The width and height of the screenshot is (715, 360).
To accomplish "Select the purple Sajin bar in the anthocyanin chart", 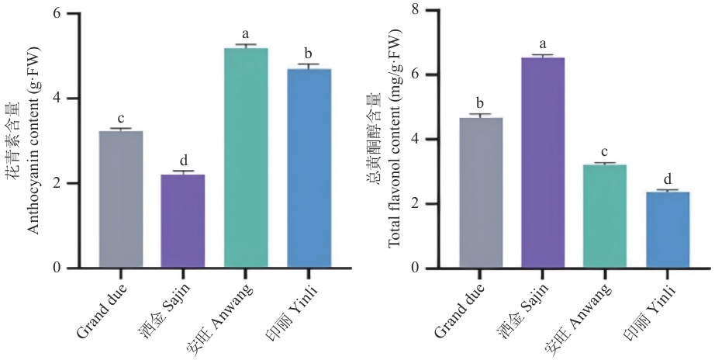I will pyautogui.click(x=183, y=221).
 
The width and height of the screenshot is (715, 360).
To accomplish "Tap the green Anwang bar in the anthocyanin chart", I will pyautogui.click(x=246, y=158).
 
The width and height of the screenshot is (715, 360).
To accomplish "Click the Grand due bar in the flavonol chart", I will pyautogui.click(x=480, y=193).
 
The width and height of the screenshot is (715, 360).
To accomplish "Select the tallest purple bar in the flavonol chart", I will pyautogui.click(x=543, y=163).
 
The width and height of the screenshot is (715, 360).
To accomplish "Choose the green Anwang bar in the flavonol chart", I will pyautogui.click(x=605, y=216).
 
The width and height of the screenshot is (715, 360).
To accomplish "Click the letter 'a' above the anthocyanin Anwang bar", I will pyautogui.click(x=246, y=34).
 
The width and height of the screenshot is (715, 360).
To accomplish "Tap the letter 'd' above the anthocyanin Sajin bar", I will pyautogui.click(x=183, y=160).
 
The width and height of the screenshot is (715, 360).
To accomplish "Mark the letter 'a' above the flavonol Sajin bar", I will pyautogui.click(x=543, y=44).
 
